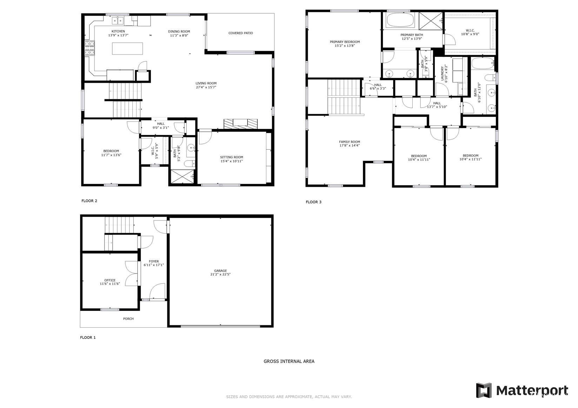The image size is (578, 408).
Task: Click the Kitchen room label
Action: pos(118,32)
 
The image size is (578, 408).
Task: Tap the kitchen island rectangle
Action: pos(127,48)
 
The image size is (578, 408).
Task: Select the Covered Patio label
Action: pos(240,33)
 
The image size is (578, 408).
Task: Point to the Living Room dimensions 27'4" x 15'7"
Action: pos(206,87)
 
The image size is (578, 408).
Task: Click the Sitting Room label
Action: pos(232,157)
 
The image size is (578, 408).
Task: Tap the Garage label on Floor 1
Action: pos(220,271)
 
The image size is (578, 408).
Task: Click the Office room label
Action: pos(110,280)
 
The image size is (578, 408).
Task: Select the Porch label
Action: pos(128,319)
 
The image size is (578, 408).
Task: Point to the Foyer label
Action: pos(154,261)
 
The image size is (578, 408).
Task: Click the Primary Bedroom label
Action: pos(345,42)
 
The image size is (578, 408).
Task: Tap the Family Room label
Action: pos(350,142)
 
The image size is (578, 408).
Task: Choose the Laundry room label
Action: pos(442,74)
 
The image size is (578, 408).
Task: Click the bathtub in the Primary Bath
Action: pos(399,20)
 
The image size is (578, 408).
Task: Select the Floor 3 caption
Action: pos(313,202)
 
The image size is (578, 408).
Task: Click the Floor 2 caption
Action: pos(89,201)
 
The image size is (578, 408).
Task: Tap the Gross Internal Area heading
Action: pos(289,361)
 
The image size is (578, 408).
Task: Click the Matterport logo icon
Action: pos(484,390)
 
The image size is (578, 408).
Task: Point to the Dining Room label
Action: pos(179,32)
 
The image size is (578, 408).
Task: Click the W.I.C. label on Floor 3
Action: pos(470,30)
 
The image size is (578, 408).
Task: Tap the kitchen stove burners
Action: pos(89,48)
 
